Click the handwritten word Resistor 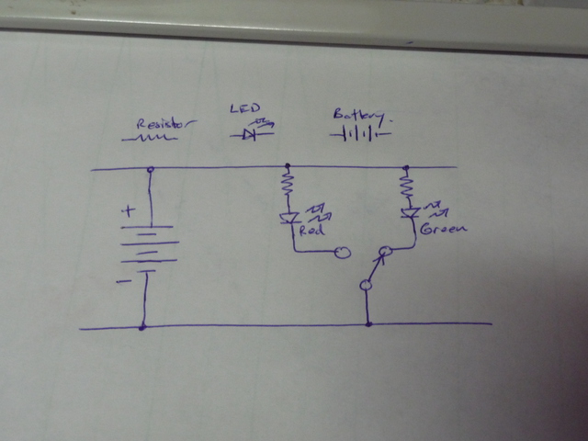pos(165,125)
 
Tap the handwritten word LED pos(245,108)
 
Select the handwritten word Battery pos(360,115)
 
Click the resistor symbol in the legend pos(149,139)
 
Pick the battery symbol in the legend pos(360,134)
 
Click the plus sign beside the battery pos(129,211)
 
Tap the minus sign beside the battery pos(124,281)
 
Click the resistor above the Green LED pos(406,186)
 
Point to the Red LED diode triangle pos(289,218)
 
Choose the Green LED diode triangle pos(410,213)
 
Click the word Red pos(311,230)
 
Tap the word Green pos(444,229)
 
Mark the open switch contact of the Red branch pos(343,253)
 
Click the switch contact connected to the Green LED pos(386,251)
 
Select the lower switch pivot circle pos(366,286)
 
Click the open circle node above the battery pos(151,169)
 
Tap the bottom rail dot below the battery pos(142,328)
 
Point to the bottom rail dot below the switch pos(368,324)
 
